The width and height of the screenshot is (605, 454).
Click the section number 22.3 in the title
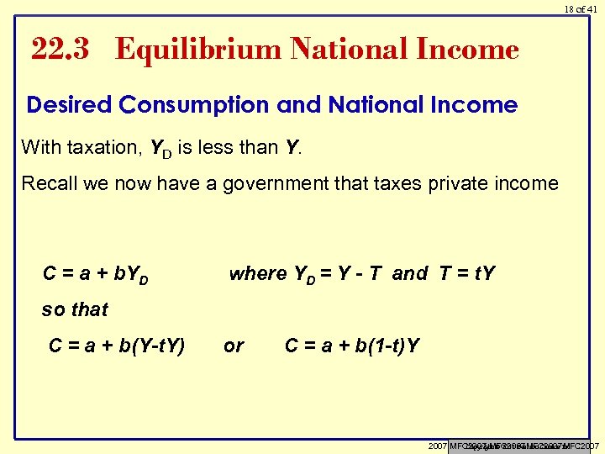(60, 50)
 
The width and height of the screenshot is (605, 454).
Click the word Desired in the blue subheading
(69, 105)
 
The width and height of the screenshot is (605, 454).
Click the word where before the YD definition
(257, 274)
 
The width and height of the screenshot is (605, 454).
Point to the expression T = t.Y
(467, 274)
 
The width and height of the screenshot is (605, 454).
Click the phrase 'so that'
(75, 310)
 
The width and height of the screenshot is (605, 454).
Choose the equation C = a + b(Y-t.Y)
(117, 346)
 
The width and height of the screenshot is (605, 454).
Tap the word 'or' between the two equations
(234, 346)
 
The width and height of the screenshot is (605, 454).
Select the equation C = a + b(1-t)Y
(353, 346)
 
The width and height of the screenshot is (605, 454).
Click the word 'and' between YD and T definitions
(410, 274)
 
